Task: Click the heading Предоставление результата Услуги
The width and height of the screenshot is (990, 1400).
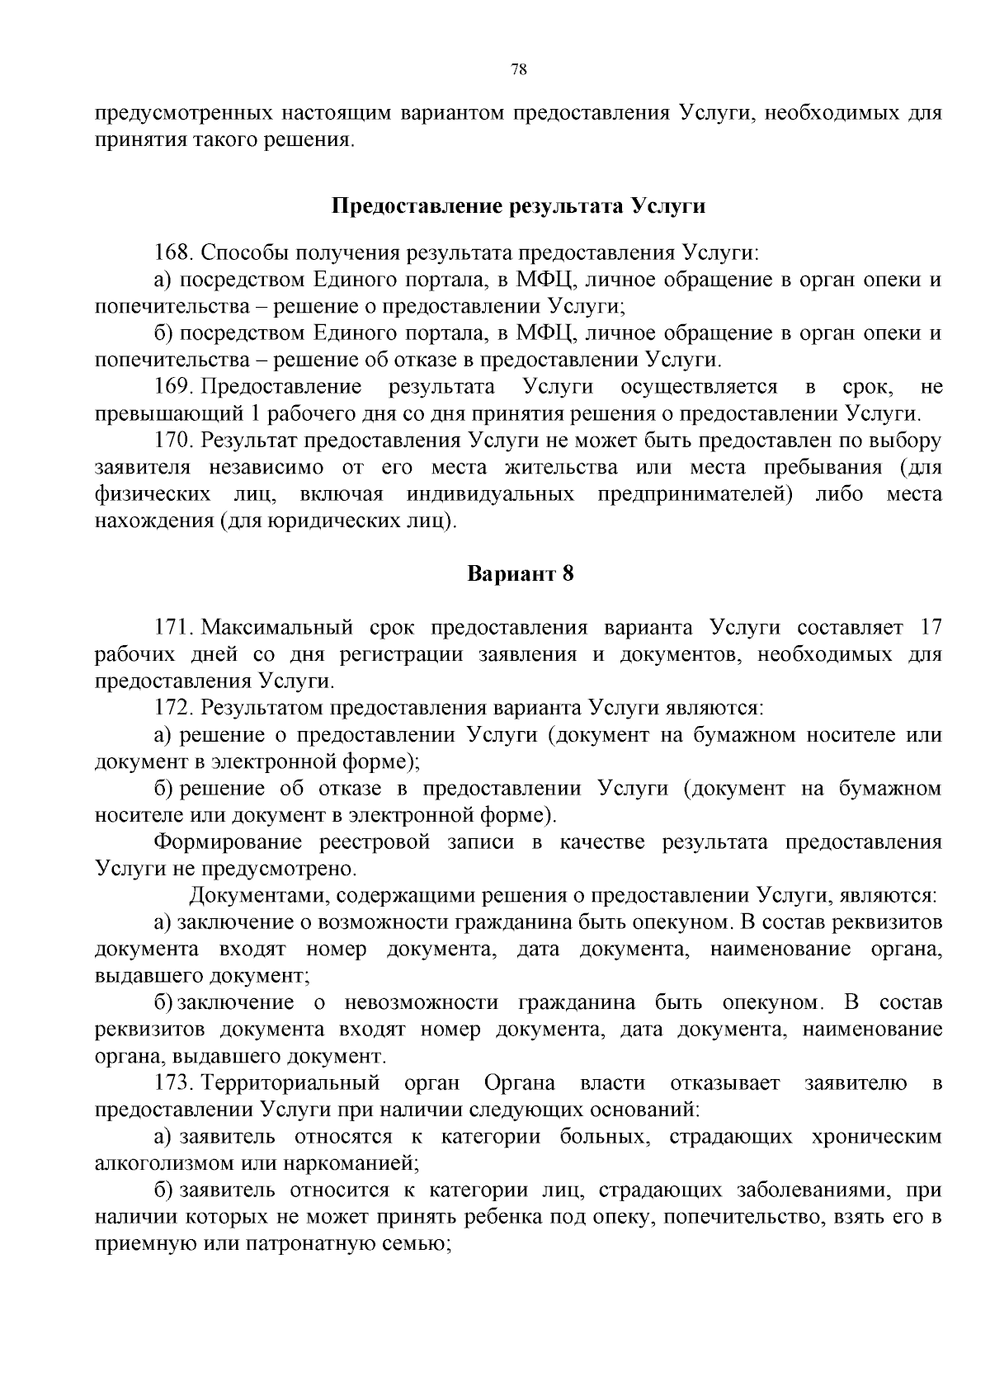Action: pos(518,205)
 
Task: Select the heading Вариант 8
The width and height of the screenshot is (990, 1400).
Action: pos(520,573)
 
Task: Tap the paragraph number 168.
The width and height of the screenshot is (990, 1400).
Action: pos(173,252)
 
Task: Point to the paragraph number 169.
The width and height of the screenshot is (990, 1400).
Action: pos(173,386)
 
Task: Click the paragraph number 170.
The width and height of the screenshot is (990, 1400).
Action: pos(173,441)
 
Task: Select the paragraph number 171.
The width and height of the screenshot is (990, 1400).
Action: pos(173,627)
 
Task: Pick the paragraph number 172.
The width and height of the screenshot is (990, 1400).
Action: pos(173,707)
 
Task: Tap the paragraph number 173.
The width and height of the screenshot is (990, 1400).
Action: pos(173,1082)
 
